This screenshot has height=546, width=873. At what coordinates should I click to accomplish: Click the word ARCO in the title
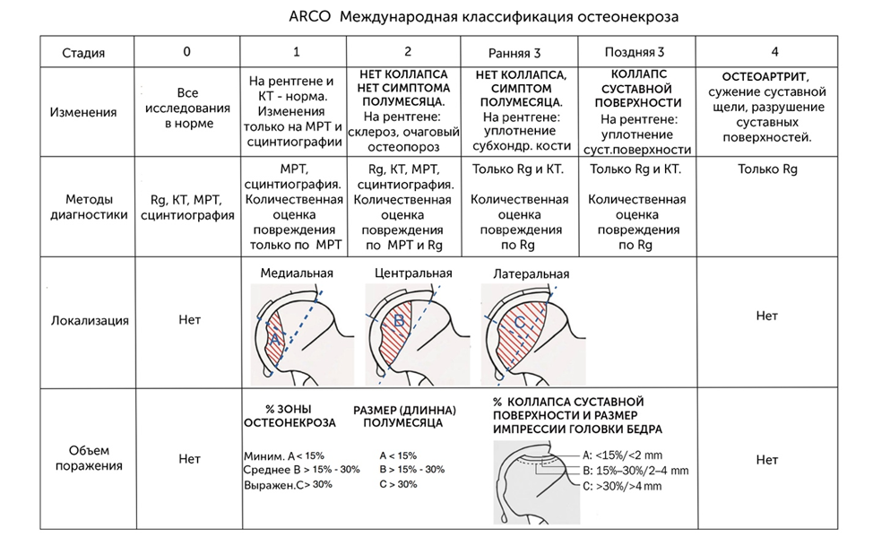[309, 17]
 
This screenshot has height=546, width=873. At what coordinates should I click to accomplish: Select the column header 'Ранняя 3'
[514, 53]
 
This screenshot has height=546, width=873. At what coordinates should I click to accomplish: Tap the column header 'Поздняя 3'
[635, 52]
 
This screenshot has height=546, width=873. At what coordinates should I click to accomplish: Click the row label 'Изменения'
[83, 112]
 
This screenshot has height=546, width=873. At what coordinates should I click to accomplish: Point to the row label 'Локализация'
[90, 320]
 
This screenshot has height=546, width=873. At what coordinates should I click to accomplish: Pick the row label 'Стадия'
[83, 53]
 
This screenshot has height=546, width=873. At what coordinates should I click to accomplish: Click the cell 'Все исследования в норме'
[187, 108]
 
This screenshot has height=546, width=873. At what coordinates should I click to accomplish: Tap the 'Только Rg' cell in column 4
[767, 169]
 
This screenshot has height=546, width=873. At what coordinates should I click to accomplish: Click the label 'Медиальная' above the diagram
[297, 273]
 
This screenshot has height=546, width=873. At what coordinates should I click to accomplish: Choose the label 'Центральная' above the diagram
[413, 273]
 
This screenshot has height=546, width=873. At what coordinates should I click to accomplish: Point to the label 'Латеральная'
[532, 273]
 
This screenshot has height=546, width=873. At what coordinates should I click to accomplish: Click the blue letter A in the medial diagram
[274, 339]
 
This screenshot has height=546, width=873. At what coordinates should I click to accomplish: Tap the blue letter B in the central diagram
[399, 321]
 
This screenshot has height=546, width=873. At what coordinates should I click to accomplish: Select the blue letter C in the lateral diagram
[519, 322]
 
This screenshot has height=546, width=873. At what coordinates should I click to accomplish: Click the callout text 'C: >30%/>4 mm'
[622, 486]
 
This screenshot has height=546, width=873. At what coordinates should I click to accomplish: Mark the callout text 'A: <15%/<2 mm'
[622, 455]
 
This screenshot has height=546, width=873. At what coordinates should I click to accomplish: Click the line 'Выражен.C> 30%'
[288, 485]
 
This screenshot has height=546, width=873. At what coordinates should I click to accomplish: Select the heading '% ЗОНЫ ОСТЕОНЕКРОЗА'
[290, 416]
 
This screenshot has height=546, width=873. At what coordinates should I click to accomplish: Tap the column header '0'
[186, 51]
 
